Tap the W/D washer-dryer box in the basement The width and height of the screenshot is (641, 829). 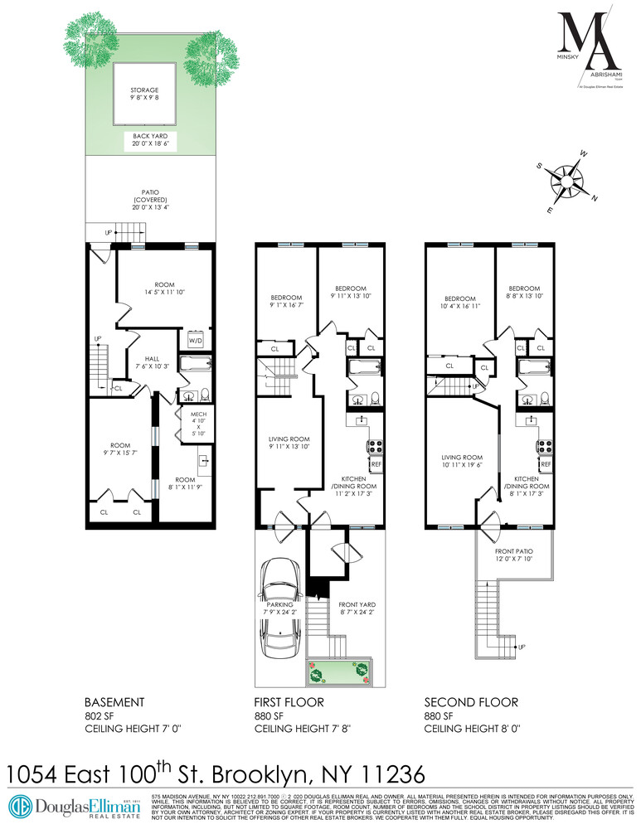[196, 341]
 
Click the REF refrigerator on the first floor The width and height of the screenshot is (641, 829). [375, 464]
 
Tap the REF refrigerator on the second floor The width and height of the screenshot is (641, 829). [545, 464]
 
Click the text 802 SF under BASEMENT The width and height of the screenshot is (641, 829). [102, 715]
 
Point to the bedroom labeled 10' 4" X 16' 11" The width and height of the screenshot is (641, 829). [459, 304]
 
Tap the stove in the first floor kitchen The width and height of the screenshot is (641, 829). [374, 446]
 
